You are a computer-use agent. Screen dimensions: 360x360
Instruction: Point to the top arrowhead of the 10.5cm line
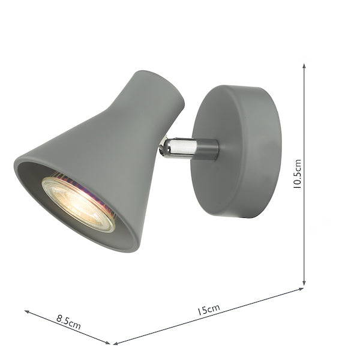click(304, 67)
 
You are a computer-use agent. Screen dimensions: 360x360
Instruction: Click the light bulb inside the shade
click(79, 202)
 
